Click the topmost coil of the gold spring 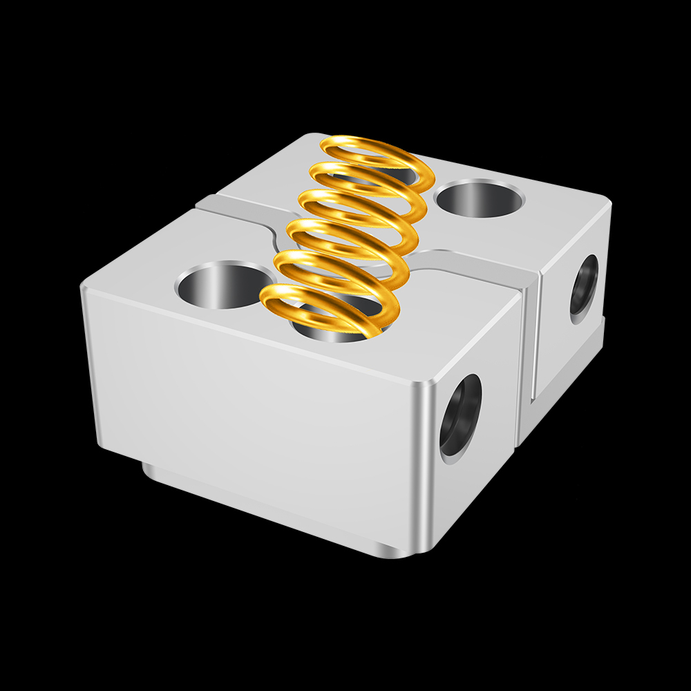[x=373, y=146]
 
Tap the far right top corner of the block [x=608, y=200]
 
